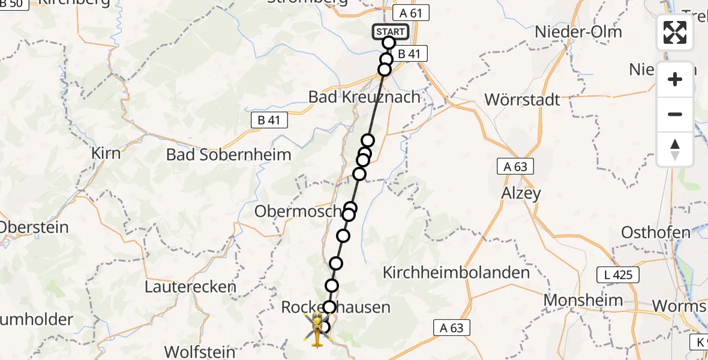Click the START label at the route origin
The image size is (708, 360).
pos(391,31)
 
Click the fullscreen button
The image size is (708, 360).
pos(675,32)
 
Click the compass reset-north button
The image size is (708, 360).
pos(675,149)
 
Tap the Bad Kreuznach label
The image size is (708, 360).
pos(364,97)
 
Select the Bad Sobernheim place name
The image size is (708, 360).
pos(229,154)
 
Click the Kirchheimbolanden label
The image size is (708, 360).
pos(456,272)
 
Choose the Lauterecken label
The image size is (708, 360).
pos(190,287)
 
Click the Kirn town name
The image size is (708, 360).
pos(106,152)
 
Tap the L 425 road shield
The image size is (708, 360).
pos(618,275)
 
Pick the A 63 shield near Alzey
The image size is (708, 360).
pos(515,167)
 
